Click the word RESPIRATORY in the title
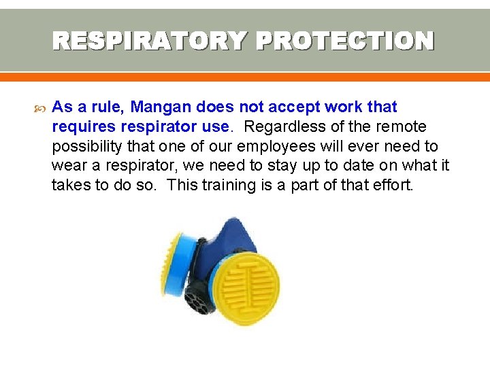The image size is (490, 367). click(148, 41)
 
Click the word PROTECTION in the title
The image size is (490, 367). click(344, 41)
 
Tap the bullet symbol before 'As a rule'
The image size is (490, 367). click(38, 107)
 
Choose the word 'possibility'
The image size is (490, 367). click(84, 147)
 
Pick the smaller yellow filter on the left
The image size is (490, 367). click(172, 259)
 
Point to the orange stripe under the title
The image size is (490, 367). click(245, 77)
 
